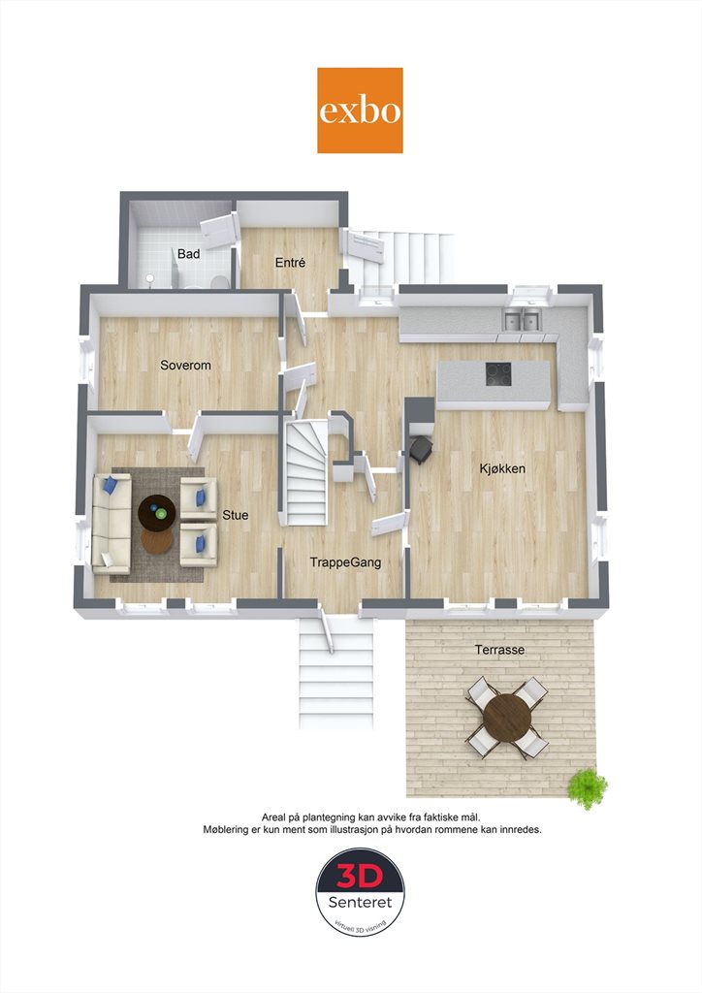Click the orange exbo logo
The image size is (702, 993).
point(360,111)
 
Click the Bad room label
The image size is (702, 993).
point(189,254)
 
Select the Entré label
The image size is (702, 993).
point(291,262)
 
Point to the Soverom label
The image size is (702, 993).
point(185,366)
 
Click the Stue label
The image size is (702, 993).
point(236,516)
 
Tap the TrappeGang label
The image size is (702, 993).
point(345,562)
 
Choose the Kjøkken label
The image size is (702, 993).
point(502,469)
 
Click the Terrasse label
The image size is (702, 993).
point(500,650)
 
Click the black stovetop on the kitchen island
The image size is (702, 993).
point(498,374)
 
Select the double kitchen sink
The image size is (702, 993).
point(523,320)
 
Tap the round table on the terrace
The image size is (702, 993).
point(506,718)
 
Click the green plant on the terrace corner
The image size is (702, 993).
point(588,787)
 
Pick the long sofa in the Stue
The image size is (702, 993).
point(112,523)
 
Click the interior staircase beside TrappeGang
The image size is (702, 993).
point(306,473)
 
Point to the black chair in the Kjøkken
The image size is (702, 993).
point(422,450)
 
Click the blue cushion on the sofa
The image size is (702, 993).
point(111,485)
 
